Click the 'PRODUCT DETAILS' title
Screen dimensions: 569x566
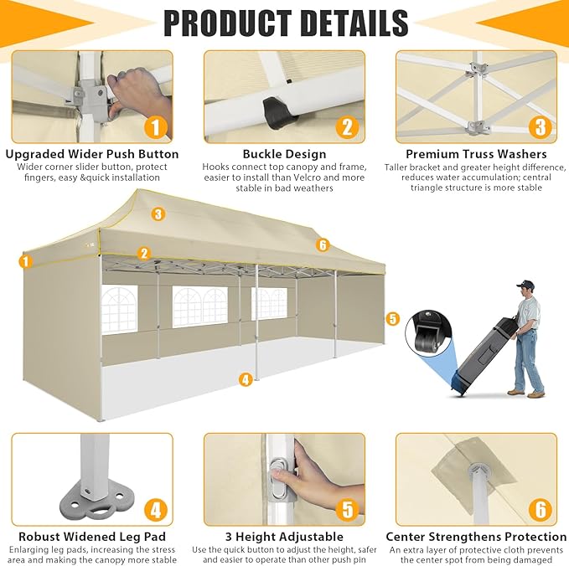pos(286,23)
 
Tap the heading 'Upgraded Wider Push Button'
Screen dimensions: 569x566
pos(92,154)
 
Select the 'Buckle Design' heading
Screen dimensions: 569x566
pos(285,154)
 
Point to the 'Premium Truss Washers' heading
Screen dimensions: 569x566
pos(476,154)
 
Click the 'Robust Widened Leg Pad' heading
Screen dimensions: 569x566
pos(92,537)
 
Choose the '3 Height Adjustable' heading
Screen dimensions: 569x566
pos(284,537)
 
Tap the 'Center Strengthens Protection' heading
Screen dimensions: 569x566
pos(476,537)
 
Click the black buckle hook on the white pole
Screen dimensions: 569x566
pos(277,112)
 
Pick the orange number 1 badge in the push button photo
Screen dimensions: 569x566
pos(155,127)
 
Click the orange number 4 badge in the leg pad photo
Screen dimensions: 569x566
pos(156,510)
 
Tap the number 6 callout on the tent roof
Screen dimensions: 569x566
pos(323,245)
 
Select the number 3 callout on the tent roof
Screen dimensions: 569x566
pos(158,214)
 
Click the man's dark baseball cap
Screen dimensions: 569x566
pos(525,285)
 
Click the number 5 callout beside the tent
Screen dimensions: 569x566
pos(392,319)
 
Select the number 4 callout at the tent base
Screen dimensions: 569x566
pos(246,379)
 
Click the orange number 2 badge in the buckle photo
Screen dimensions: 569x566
pos(347,127)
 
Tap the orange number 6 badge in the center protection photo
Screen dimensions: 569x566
pos(541,510)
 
